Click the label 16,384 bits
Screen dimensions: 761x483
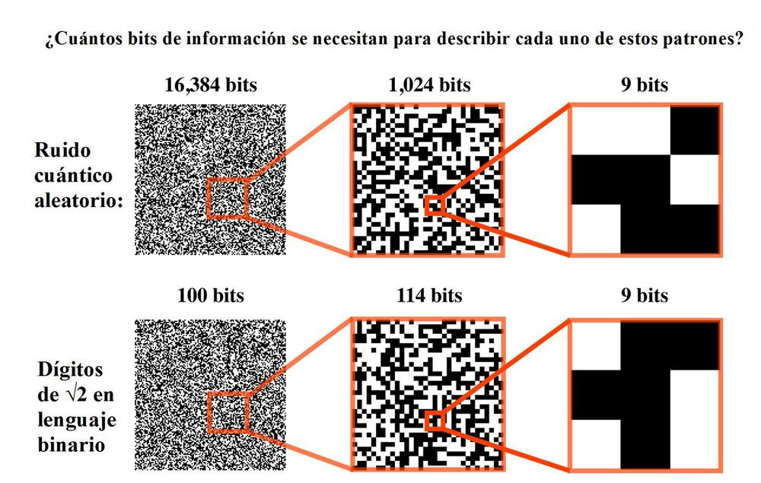tap(211, 85)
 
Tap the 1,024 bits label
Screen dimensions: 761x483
tap(429, 85)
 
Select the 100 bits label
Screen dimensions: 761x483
tap(211, 295)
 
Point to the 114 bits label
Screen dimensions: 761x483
tap(429, 295)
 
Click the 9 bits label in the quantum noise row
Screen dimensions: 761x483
tap(645, 85)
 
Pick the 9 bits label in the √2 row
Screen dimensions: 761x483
tap(645, 295)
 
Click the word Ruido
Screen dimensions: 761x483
tap(62, 150)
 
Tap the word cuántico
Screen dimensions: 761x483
tap(73, 175)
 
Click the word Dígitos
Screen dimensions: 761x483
tap(70, 370)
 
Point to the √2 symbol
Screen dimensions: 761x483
tap(75, 395)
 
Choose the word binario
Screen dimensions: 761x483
tap(72, 445)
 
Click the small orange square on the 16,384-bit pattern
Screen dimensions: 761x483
tap(228, 198)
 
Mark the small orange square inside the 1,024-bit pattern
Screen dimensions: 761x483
tap(435, 205)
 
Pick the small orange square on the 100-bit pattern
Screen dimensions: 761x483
tap(228, 412)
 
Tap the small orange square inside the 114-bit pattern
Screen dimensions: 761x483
tap(435, 421)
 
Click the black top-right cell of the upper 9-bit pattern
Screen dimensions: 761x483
tap(695, 131)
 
